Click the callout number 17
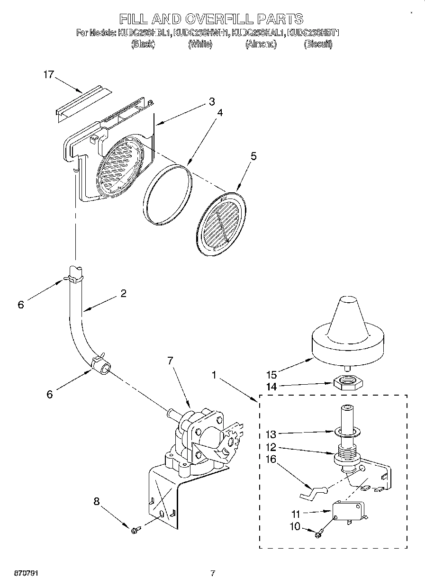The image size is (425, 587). [x=48, y=74]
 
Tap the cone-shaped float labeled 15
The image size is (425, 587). [x=347, y=332]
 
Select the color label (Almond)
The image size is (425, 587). [x=261, y=44]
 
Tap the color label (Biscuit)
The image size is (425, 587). [x=318, y=44]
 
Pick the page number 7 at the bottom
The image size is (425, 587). [x=213, y=573]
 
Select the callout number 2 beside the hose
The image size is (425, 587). [x=123, y=293]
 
